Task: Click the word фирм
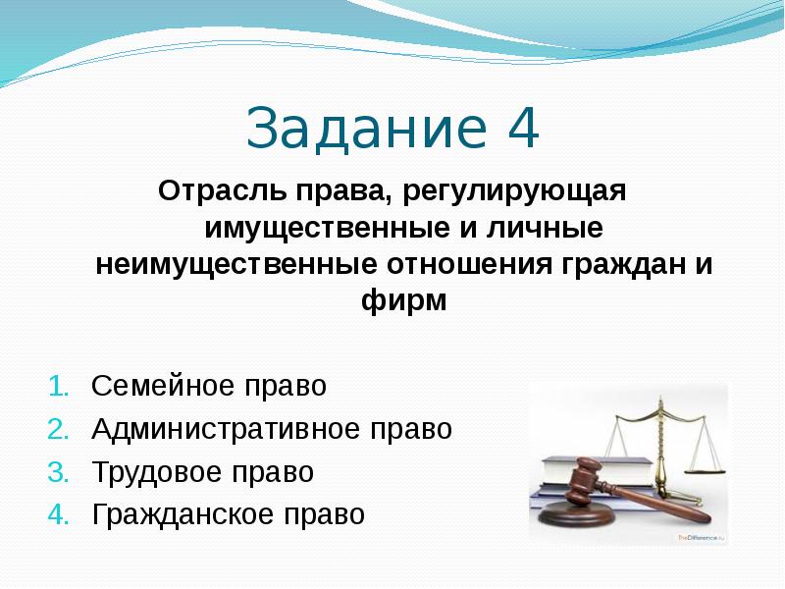pyautogui.click(x=403, y=301)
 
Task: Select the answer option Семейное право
pyautogui.click(x=208, y=386)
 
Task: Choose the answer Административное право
pyautogui.click(x=272, y=429)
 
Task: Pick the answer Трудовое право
pyautogui.click(x=203, y=472)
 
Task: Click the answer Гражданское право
pyautogui.click(x=228, y=514)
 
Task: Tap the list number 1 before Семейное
pyautogui.click(x=57, y=386)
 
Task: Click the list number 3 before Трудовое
pyautogui.click(x=57, y=472)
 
